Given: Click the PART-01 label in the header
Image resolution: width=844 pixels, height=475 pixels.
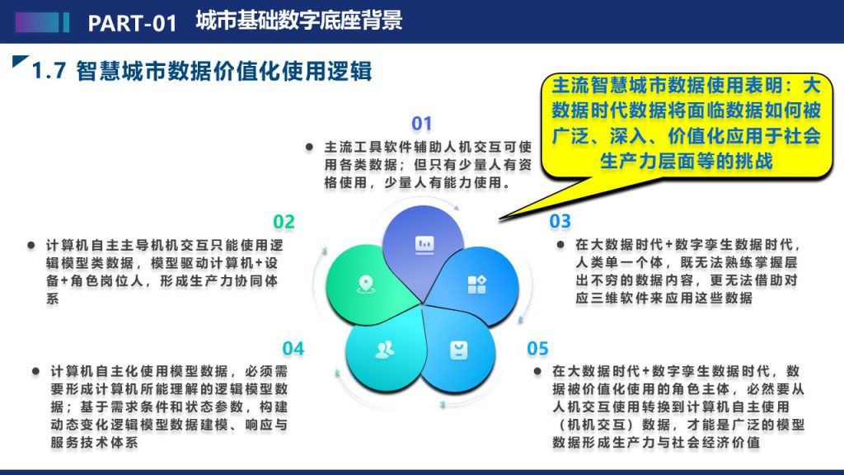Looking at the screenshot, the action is (133, 23).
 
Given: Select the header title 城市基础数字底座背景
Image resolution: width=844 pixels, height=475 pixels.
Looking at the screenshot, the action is (298, 21).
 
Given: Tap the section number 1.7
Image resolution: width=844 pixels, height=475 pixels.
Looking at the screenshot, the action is (49, 71).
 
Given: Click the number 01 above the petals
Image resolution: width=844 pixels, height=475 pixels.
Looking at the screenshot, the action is (421, 124).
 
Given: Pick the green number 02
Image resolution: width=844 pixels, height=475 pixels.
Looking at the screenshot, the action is (284, 222).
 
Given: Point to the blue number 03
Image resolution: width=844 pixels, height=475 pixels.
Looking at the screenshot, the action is (560, 221).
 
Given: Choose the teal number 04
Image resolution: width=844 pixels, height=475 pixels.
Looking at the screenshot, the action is (293, 349).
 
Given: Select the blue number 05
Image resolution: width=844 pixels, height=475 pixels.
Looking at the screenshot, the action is (537, 349).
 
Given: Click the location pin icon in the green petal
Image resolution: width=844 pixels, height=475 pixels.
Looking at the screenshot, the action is (366, 284).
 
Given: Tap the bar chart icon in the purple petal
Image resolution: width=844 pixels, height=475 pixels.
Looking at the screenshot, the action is (424, 244).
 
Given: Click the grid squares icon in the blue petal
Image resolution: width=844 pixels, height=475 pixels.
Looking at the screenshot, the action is (477, 285).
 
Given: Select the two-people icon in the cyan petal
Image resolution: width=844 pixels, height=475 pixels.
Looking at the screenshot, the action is (384, 350).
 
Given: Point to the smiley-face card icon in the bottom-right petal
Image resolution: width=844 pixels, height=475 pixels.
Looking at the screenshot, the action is (458, 350).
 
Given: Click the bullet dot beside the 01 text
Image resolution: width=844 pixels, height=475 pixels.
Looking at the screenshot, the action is (309, 147).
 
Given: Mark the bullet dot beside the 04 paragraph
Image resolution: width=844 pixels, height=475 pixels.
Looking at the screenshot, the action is (35, 371).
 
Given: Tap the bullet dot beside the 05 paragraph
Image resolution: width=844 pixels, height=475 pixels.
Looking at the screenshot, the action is (537, 371).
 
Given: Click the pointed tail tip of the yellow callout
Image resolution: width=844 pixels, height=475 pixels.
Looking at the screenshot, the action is (500, 219).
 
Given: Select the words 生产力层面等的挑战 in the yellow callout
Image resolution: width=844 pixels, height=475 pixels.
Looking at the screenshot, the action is (687, 161).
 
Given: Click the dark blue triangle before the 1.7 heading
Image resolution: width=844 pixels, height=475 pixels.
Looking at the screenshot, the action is (20, 61).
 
